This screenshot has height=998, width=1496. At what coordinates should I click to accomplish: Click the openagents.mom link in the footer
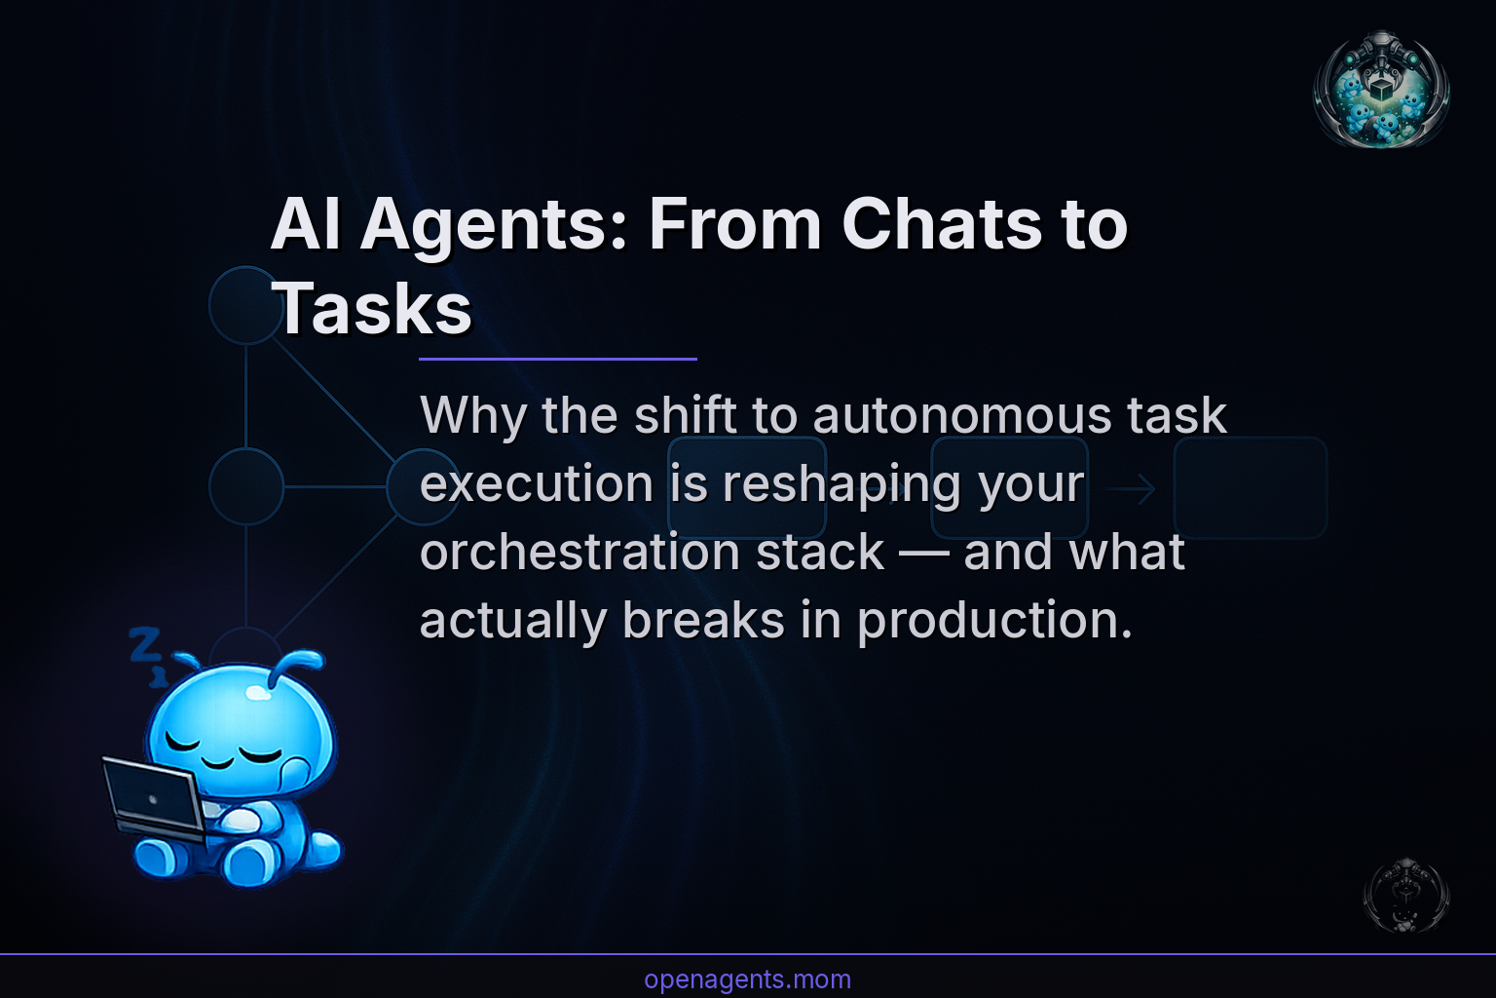tap(747, 979)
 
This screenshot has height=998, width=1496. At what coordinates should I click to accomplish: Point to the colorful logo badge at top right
tap(1381, 89)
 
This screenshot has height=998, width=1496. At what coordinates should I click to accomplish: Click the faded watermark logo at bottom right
tap(1405, 896)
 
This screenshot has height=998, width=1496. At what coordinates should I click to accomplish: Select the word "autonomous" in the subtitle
tap(962, 415)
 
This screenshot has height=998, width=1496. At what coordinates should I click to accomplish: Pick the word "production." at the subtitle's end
tap(994, 620)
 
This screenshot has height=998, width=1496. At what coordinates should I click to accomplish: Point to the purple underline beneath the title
tap(557, 359)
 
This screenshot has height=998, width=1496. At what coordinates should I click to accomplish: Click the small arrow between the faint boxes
tap(1132, 489)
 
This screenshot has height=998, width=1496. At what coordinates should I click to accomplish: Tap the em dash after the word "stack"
tap(923, 554)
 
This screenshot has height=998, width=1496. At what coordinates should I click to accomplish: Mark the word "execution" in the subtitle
tap(537, 484)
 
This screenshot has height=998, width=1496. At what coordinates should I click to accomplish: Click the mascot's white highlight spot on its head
tap(258, 693)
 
